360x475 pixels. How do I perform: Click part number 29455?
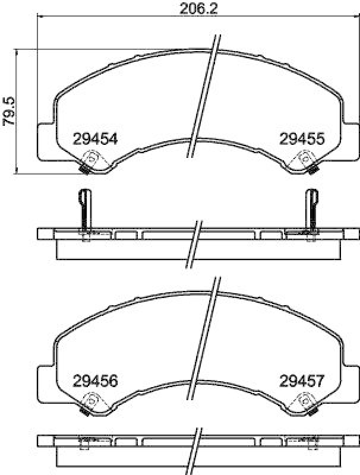302,139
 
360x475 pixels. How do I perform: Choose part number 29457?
302,380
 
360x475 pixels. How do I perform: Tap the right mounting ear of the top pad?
350,141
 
